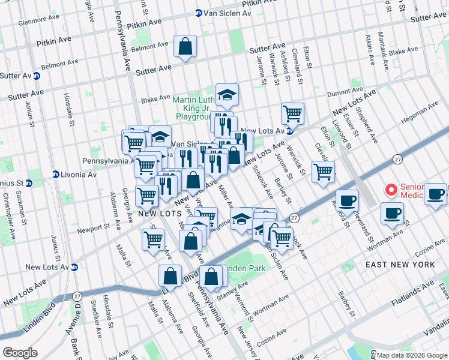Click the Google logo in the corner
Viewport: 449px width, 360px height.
point(20,353)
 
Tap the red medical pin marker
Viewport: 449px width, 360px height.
point(391,191)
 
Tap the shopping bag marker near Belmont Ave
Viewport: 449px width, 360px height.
point(185,46)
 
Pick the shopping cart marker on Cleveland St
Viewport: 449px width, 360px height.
point(324,172)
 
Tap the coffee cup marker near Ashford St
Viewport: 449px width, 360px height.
point(346,200)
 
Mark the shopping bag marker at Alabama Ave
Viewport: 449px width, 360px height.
point(170,277)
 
